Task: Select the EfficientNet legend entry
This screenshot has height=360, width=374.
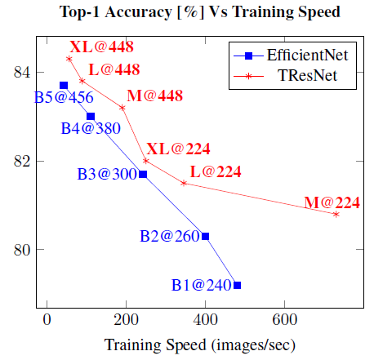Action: pyautogui.click(x=300, y=56)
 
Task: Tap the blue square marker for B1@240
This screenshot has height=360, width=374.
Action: pyautogui.click(x=237, y=285)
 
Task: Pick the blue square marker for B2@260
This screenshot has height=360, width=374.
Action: pyautogui.click(x=205, y=236)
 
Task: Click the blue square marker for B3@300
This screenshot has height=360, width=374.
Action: pyautogui.click(x=143, y=174)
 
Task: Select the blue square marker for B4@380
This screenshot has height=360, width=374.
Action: pyautogui.click(x=91, y=116)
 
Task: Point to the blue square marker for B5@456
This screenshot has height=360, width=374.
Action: pyautogui.click(x=64, y=85)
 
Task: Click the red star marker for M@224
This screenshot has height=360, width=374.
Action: pyautogui.click(x=336, y=214)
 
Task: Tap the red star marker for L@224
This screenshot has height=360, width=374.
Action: pyautogui.click(x=184, y=183)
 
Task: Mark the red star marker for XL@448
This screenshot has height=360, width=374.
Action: pyautogui.click(x=69, y=59)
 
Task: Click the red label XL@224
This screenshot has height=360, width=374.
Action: pyautogui.click(x=178, y=149)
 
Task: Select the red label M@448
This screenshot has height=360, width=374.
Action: pyautogui.click(x=154, y=96)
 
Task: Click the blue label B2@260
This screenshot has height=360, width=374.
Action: pyautogui.click(x=168, y=236)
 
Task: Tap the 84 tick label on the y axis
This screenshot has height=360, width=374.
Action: pyautogui.click(x=21, y=72)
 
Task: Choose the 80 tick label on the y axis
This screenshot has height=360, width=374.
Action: pyautogui.click(x=21, y=249)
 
